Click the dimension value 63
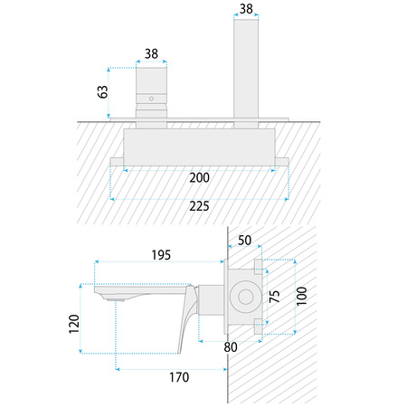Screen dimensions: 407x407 [103, 91]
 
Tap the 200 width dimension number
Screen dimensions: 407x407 [199, 177]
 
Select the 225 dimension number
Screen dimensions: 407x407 [199, 206]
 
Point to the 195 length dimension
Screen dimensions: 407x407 [161, 255]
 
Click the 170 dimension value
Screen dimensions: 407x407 [179, 377]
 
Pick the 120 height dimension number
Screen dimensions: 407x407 [74, 324]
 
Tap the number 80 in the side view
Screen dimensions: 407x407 [231, 347]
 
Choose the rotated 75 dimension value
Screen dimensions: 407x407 [274, 297]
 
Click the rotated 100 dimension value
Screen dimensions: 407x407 [301, 296]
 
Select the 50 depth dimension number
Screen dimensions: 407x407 [244, 241]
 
